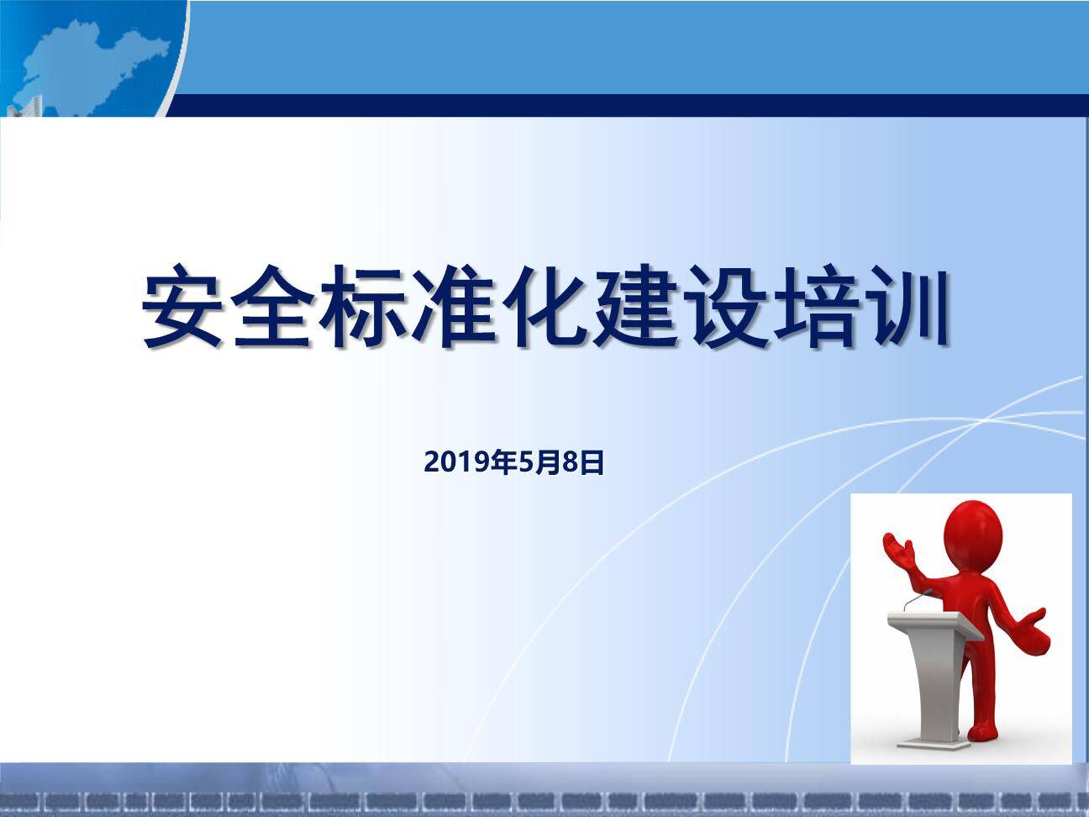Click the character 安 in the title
[182, 306]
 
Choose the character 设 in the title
[725, 306]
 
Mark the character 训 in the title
[906, 306]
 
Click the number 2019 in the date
[456, 462]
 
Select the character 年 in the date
[503, 462]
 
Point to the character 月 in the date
[547, 462]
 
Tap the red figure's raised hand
[899, 550]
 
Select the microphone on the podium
[914, 600]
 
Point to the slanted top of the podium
[934, 624]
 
